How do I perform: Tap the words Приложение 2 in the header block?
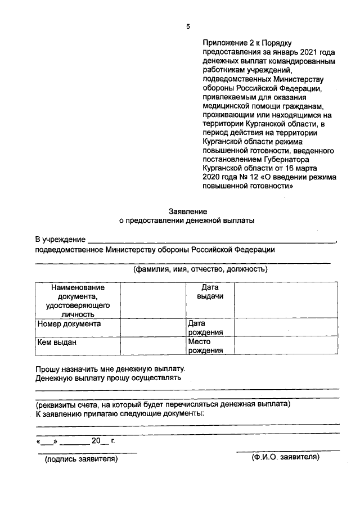pos(228,42)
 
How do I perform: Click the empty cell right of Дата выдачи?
pos(286,300)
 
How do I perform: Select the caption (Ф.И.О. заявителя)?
pos(285,457)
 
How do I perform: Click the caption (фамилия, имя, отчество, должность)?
pos(200,269)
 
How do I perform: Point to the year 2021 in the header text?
pos(301,51)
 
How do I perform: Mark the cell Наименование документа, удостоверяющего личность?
pos(78,300)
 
